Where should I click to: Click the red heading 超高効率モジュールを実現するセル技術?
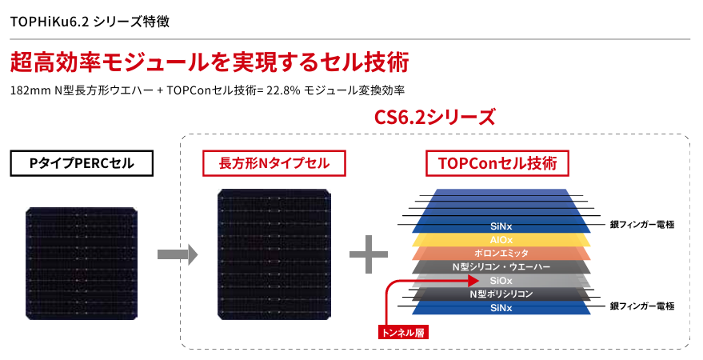coord(210,62)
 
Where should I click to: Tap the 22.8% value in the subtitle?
coord(283,90)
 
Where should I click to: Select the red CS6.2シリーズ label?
coord(434,117)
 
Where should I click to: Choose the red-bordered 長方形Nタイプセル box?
coord(274,163)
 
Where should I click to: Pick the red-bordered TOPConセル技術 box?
coord(497,163)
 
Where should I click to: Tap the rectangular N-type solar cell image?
coord(274,254)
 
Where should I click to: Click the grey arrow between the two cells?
coord(176,254)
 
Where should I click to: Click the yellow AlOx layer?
coord(501,239)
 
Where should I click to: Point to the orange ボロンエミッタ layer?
coord(501,253)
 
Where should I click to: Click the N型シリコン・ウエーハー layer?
coord(501,266)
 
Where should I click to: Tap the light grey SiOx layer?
coord(501,281)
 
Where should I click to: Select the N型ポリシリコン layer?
coord(501,294)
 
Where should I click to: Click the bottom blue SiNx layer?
coord(501,307)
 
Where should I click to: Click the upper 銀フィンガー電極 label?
coord(642,225)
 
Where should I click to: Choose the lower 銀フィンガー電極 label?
coord(642,306)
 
